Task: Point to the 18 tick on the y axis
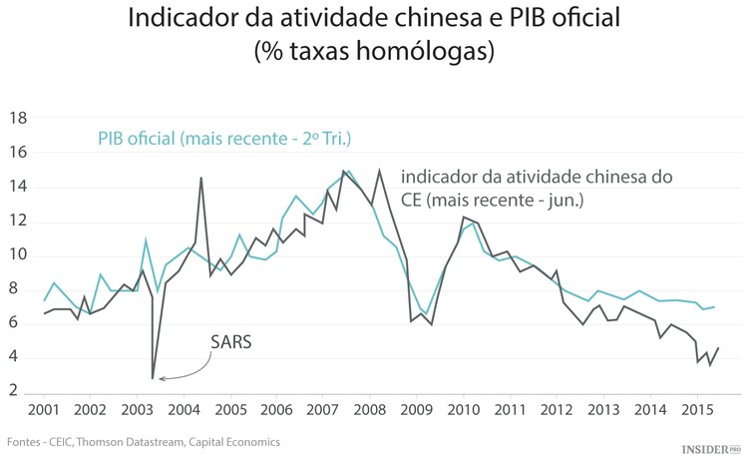(18, 119)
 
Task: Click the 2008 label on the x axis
(370, 410)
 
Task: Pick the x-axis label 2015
(695, 410)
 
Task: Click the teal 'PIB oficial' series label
(224, 138)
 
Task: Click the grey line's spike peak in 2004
(201, 178)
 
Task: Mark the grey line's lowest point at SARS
(153, 378)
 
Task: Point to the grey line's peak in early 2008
(379, 171)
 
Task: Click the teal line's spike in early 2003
(146, 239)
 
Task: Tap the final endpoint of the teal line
(715, 307)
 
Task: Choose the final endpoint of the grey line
(718, 347)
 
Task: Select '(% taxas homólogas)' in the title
(374, 51)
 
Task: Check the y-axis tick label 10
(18, 255)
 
